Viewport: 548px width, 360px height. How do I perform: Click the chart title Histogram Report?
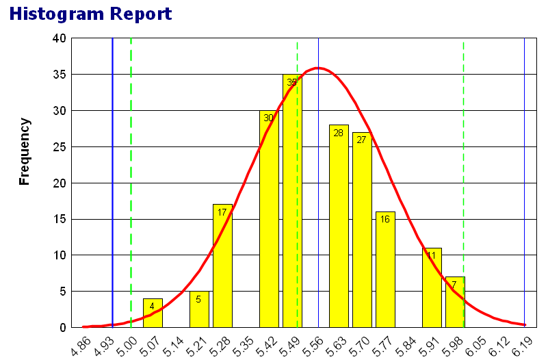pyautogui.click(x=90, y=13)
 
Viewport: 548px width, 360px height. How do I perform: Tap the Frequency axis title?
pyautogui.click(x=25, y=151)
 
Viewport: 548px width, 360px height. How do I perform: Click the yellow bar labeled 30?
pyautogui.click(x=269, y=219)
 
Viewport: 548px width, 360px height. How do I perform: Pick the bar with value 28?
pyautogui.click(x=339, y=226)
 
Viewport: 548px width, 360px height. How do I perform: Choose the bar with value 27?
pyautogui.click(x=362, y=229)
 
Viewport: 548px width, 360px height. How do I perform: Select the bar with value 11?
pyautogui.click(x=432, y=287)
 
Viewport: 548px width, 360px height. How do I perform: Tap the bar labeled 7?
pyautogui.click(x=455, y=302)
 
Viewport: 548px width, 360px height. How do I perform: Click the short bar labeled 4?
pyautogui.click(x=153, y=313)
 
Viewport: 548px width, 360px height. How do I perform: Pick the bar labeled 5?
pyautogui.click(x=199, y=309)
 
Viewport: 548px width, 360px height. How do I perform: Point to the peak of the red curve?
pyautogui.click(x=317, y=68)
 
